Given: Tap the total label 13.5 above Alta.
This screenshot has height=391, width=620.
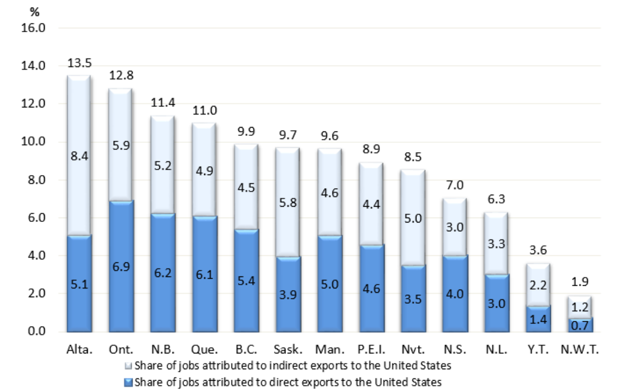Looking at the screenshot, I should point(79,64).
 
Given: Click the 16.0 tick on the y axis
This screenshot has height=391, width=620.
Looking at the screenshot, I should point(34,28).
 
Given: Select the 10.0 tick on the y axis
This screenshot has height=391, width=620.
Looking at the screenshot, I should point(34,142).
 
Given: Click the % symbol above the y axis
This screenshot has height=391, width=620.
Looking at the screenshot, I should point(34,13).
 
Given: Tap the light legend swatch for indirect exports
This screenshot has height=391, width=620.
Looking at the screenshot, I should point(128,365).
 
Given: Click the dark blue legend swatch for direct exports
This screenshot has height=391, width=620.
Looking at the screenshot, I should point(128,382).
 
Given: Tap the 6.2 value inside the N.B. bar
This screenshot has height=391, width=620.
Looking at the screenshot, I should point(163,273).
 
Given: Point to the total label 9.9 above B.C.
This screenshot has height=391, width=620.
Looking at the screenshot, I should point(246,133).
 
